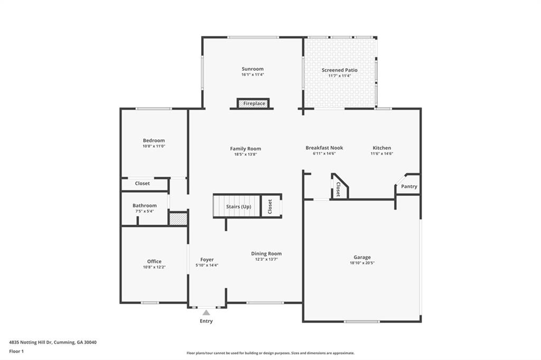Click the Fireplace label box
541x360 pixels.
pyautogui.click(x=253, y=103)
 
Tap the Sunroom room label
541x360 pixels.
pyautogui.click(x=253, y=69)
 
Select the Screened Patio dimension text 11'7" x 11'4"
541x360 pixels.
pyautogui.click(x=340, y=76)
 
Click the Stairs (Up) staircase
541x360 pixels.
pyautogui.click(x=237, y=206)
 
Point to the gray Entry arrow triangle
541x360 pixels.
pyautogui.click(x=207, y=312)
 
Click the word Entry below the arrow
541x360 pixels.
pyautogui.click(x=207, y=321)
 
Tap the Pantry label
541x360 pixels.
pyautogui.click(x=409, y=186)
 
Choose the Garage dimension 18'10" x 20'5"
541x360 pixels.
pyautogui.click(x=362, y=263)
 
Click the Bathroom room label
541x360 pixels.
pyautogui.click(x=145, y=205)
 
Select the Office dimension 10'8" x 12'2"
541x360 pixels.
pyautogui.click(x=154, y=267)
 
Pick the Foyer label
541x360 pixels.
pyautogui.click(x=207, y=260)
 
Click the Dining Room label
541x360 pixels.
pyautogui.click(x=266, y=253)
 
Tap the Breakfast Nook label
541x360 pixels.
pyautogui.click(x=324, y=148)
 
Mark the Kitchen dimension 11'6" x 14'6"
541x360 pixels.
pyautogui.click(x=382, y=154)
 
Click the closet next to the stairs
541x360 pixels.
pyautogui.click(x=270, y=206)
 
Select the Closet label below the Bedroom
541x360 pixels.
pyautogui.click(x=143, y=184)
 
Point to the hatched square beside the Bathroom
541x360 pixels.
pyautogui.click(x=178, y=219)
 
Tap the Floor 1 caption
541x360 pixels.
pyautogui.click(x=16, y=352)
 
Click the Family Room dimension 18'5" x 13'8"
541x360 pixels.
pyautogui.click(x=246, y=155)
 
